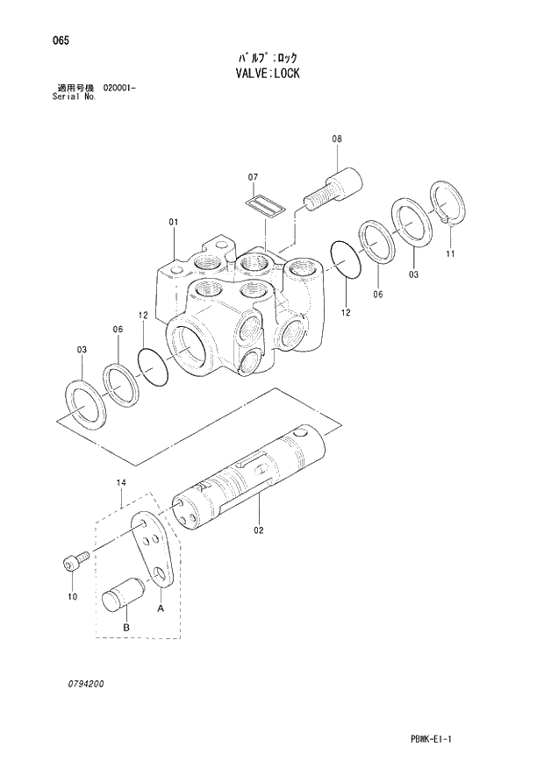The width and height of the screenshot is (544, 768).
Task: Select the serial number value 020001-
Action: click(x=119, y=89)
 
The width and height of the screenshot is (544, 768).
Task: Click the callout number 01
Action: click(x=174, y=222)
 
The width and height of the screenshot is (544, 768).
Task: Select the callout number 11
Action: click(x=450, y=254)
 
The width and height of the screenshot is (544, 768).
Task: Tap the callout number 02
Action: click(x=259, y=530)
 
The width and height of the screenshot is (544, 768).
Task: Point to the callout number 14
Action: click(x=121, y=483)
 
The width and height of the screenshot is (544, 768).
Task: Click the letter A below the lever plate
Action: click(x=161, y=607)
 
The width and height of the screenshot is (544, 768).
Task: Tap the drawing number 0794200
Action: click(x=81, y=683)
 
